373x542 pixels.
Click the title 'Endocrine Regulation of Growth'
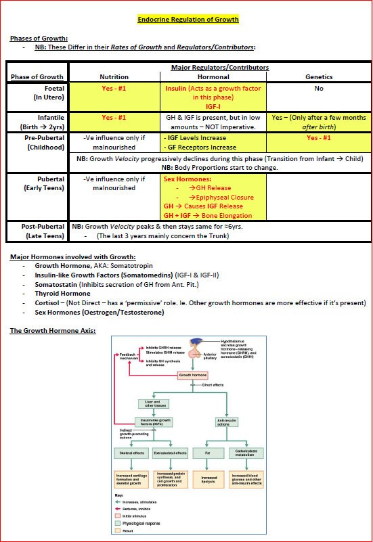point(188,20)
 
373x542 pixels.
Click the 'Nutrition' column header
point(114,77)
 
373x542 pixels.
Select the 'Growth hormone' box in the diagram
point(193,374)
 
